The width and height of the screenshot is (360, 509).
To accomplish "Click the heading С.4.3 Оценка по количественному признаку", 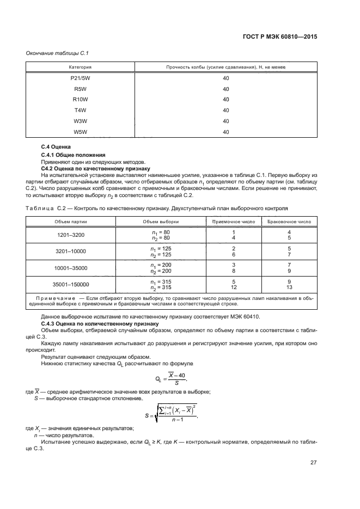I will coord(96,323).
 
